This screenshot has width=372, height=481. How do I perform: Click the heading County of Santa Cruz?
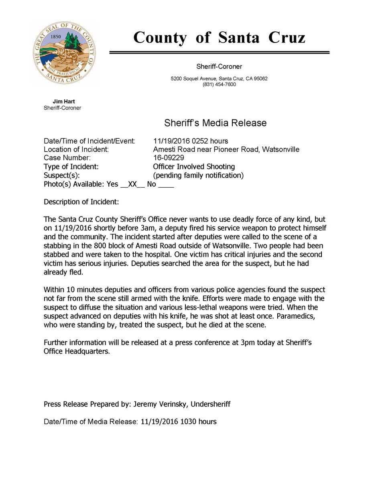click(219, 38)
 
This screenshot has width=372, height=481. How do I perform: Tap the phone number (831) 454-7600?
click(219, 85)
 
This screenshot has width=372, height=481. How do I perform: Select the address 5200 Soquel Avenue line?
click(219, 79)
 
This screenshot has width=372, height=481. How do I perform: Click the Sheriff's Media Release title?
click(215, 123)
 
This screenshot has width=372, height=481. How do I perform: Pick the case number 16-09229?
click(169, 158)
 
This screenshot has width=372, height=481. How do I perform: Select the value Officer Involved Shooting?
click(194, 167)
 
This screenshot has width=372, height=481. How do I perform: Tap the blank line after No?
click(166, 185)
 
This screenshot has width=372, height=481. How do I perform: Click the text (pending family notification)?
click(198, 176)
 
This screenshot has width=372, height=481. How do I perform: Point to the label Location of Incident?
click(76, 150)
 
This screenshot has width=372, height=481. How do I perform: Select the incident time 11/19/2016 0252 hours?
click(191, 141)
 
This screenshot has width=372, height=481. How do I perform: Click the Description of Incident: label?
click(81, 202)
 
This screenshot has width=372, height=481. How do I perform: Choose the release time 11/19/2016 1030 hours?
click(179, 422)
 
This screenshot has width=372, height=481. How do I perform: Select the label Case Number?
click(67, 158)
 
